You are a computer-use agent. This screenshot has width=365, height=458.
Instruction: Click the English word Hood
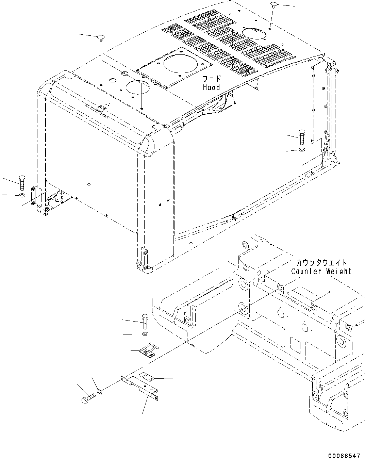point(211,87)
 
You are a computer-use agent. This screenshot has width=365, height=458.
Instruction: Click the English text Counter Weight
point(321,271)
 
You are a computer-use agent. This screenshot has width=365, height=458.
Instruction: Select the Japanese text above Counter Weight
point(321,263)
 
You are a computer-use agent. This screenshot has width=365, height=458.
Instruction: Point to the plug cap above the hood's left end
point(101,37)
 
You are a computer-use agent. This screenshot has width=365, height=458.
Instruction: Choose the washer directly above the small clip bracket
point(145,334)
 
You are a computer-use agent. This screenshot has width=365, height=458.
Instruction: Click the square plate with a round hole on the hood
point(174,68)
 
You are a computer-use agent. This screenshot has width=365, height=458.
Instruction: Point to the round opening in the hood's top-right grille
point(254,33)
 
